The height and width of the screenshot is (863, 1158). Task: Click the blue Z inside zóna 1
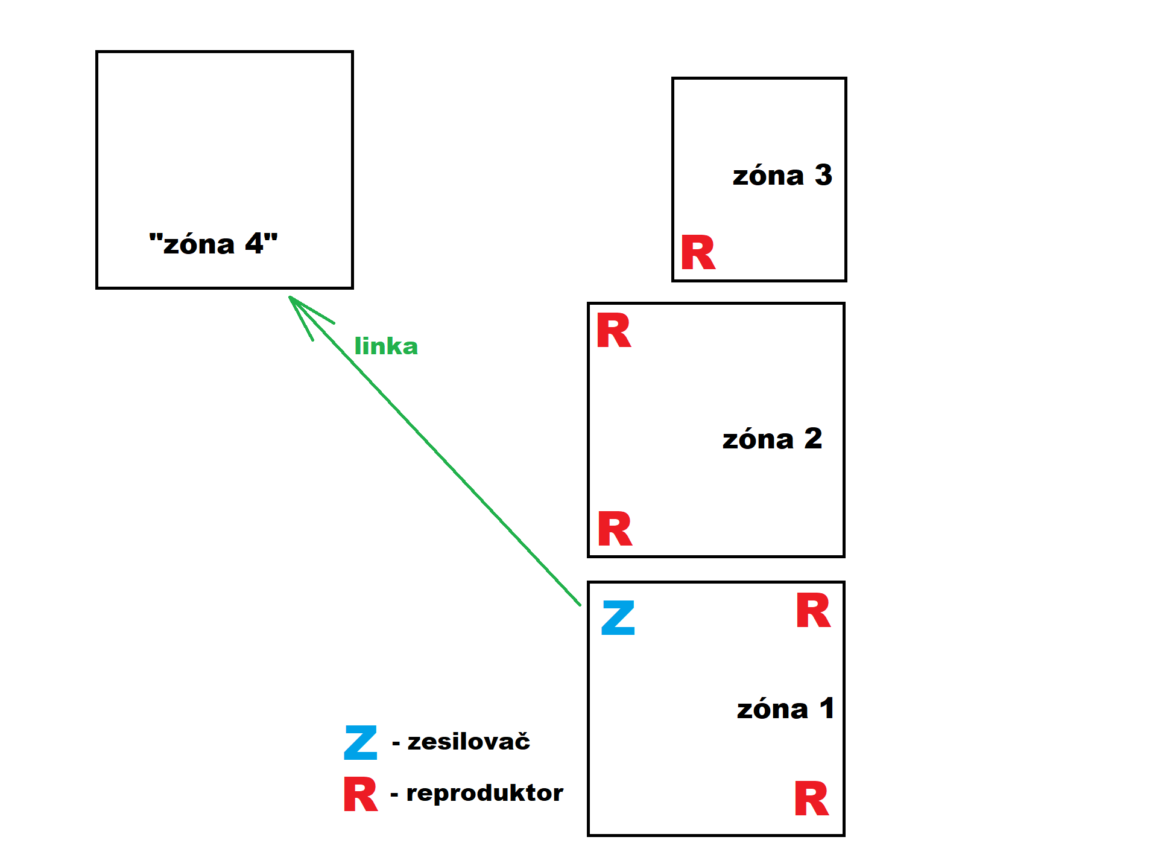[x=618, y=617]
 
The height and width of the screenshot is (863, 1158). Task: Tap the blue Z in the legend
[x=361, y=742]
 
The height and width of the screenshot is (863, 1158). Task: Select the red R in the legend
[x=360, y=794]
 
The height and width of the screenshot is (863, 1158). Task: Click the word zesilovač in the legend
[x=469, y=741]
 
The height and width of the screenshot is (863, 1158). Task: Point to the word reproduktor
[x=484, y=792]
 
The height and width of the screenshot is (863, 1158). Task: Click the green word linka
[x=386, y=346]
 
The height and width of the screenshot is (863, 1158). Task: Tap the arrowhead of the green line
[x=292, y=299]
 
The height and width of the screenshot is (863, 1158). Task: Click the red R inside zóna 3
[x=698, y=253]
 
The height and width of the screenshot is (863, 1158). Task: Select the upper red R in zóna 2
[x=613, y=331]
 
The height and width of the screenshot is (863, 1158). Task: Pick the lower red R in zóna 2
[x=615, y=529]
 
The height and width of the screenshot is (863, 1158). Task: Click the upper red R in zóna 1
[x=813, y=611]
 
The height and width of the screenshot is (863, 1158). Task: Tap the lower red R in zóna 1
[x=811, y=798]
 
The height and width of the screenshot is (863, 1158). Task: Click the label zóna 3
[x=782, y=176]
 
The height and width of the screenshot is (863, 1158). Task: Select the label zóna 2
[x=772, y=439]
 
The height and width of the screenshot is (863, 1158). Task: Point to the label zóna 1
[x=785, y=709]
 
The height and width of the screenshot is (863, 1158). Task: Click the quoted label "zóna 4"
[x=214, y=244]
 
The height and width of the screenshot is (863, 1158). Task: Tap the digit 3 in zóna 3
[x=823, y=175]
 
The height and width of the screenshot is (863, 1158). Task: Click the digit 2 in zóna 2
[x=813, y=438]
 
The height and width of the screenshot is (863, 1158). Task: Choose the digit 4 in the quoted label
[x=255, y=244]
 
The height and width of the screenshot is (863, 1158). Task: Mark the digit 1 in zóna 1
[x=827, y=708]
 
